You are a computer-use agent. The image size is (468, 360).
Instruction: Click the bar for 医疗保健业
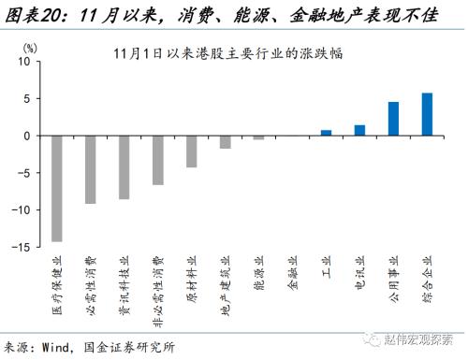point(57,188)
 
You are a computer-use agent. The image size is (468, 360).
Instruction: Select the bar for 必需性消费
point(91,169)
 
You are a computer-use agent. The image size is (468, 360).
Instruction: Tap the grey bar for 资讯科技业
point(124,166)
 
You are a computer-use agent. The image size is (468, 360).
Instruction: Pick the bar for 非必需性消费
point(158,160)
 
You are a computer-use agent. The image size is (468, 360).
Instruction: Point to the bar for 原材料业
point(192,151)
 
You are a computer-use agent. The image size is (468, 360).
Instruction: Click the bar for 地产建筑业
point(226,142)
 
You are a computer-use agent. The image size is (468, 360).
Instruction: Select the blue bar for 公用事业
point(394,119)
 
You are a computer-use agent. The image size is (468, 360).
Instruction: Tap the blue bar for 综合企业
point(428,114)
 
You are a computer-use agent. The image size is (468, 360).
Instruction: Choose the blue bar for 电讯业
point(360,130)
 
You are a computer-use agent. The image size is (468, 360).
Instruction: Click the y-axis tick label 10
point(25,62)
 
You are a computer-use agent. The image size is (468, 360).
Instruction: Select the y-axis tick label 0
point(28,136)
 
